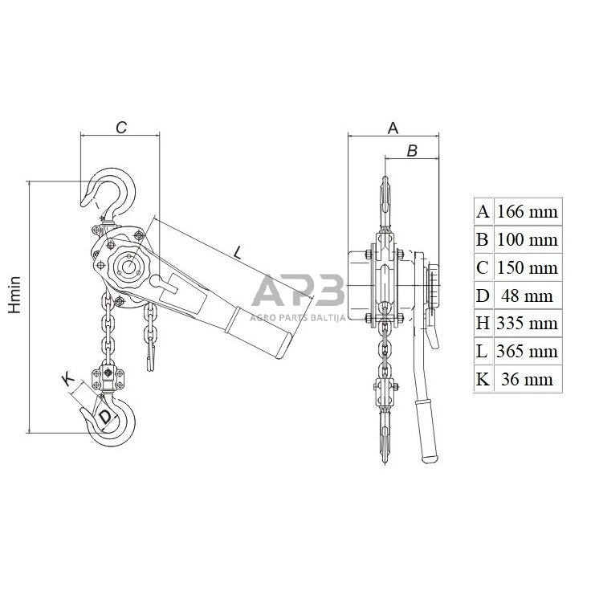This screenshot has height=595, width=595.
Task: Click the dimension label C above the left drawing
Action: point(121,128)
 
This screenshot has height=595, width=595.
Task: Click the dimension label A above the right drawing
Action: point(393,128)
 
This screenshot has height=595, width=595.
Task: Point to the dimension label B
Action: point(412,151)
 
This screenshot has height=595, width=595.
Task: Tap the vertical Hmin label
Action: point(14,295)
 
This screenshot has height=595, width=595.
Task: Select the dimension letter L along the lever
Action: point(238,252)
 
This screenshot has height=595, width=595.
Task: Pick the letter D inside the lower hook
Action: point(105,416)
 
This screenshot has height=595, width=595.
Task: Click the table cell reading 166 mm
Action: point(528,212)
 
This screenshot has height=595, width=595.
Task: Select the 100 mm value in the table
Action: point(528,240)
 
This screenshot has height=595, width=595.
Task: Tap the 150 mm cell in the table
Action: point(528,268)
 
